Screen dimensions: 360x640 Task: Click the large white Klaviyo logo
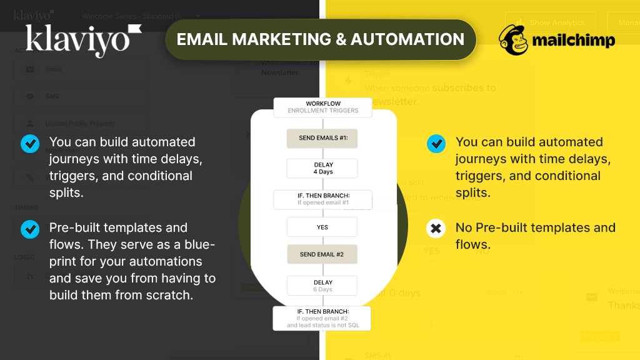click(x=83, y=40)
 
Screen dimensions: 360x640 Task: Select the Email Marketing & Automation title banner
click(x=320, y=39)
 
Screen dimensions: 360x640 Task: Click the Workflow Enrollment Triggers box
click(x=322, y=107)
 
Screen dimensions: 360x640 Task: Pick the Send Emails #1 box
click(x=322, y=139)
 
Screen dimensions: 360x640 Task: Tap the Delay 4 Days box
click(x=322, y=168)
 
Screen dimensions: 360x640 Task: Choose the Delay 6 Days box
click(x=322, y=286)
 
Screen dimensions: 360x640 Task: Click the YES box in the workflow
click(x=322, y=227)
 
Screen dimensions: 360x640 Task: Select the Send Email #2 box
click(x=322, y=254)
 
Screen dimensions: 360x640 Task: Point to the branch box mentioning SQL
click(x=322, y=318)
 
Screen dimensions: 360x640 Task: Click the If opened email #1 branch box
click(x=322, y=199)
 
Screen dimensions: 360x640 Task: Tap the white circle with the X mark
click(x=436, y=229)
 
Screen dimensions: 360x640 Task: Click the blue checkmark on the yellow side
click(x=436, y=144)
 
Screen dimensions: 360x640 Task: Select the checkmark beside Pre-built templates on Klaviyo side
click(x=29, y=229)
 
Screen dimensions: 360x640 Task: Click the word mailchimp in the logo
click(x=574, y=41)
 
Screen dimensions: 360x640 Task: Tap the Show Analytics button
click(x=550, y=23)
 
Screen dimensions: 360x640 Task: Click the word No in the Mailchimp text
click(x=464, y=227)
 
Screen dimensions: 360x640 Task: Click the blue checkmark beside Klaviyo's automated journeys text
click(x=29, y=144)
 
